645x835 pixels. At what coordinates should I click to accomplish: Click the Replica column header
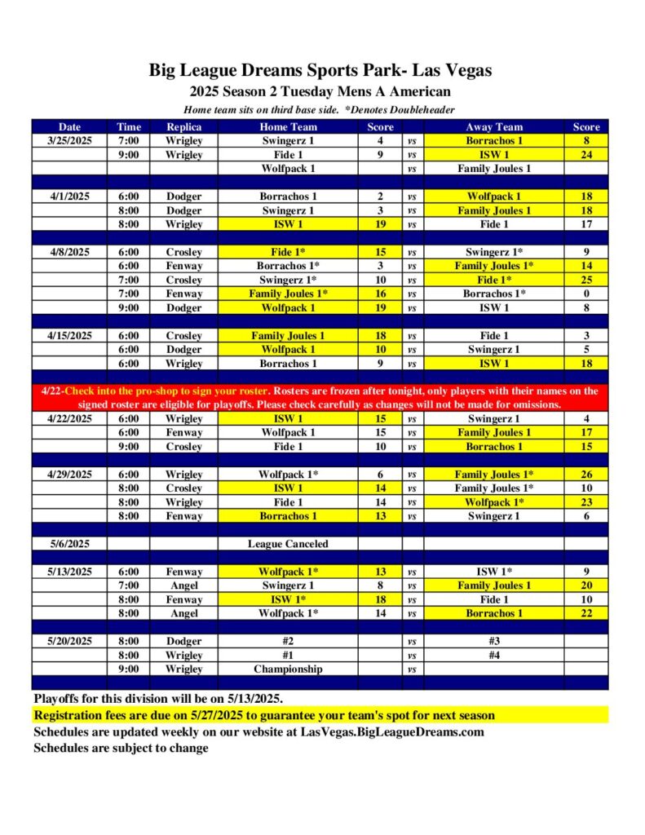tap(183, 126)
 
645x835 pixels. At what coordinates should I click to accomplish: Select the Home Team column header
tap(289, 126)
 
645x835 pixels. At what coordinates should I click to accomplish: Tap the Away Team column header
tap(494, 126)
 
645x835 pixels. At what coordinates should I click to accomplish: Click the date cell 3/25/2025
tap(69, 140)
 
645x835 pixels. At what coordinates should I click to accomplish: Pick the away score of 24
tap(585, 154)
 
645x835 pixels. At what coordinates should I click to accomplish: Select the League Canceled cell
tap(288, 544)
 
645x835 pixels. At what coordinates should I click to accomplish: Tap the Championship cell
tap(288, 669)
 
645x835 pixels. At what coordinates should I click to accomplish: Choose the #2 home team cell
tap(288, 641)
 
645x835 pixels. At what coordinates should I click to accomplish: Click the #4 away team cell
tap(494, 655)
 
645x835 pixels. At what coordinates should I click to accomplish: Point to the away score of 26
tap(585, 475)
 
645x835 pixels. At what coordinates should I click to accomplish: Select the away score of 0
tap(585, 294)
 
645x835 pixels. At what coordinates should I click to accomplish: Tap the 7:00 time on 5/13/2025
tap(129, 585)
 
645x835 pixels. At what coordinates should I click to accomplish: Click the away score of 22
tap(585, 613)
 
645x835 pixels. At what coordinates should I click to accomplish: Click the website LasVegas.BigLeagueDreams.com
tap(391, 731)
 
